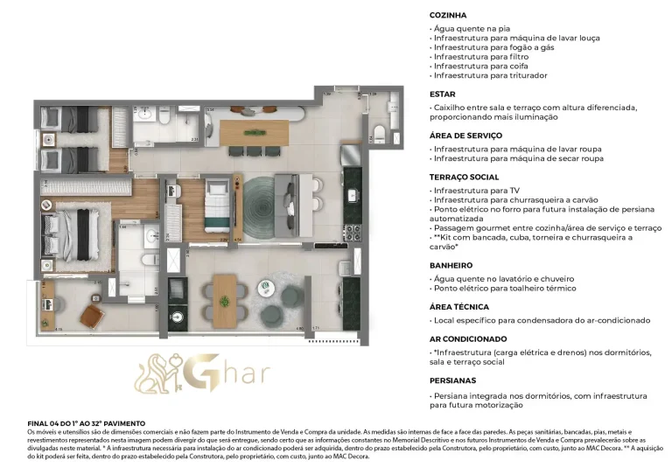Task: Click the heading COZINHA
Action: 448,16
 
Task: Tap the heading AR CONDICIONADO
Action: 468,338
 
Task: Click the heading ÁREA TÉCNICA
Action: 458,307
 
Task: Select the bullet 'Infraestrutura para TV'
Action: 474,189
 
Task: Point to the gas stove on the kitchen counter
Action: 352,233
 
